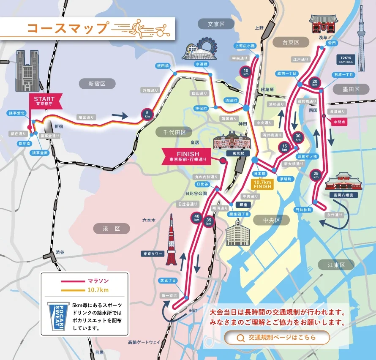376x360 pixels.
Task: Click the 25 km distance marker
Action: coord(316,175)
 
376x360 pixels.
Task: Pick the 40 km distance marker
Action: coord(196,218)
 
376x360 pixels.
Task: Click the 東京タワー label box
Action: coord(153,254)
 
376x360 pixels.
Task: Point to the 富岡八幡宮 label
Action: coord(343,195)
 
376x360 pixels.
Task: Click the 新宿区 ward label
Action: coord(96,84)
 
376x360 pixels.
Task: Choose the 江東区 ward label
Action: coord(336,265)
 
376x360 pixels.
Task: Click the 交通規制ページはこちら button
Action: coord(276,337)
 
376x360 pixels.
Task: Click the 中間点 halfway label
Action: coord(340,121)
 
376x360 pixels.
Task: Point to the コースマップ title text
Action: coord(67,28)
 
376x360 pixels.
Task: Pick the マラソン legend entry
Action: coord(98,281)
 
